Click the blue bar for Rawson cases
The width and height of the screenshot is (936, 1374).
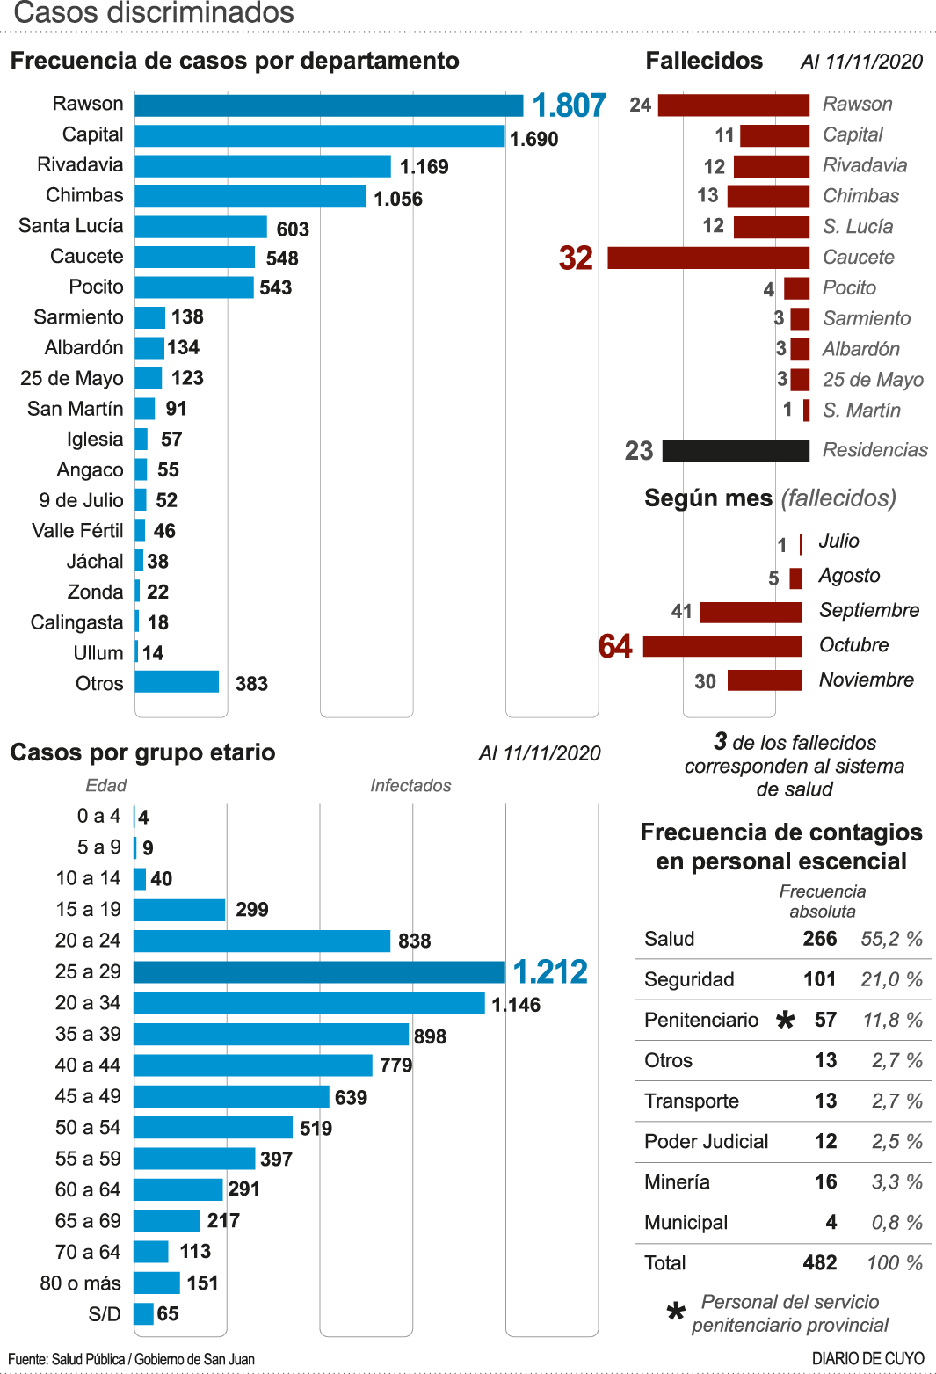coord(329,105)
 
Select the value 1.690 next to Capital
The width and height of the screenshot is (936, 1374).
coord(533,139)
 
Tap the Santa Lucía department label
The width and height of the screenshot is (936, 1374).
coord(71,226)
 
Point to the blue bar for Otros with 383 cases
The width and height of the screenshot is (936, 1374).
coord(177,682)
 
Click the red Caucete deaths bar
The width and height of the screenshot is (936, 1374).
coord(707,258)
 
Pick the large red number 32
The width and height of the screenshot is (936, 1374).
coord(576,258)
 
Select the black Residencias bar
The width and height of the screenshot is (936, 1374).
coord(736,451)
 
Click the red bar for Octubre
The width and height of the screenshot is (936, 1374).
coord(722,646)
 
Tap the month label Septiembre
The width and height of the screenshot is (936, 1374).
coord(868,610)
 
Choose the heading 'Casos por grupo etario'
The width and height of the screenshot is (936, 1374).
coord(142,752)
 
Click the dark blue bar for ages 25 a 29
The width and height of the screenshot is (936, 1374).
coord(319,972)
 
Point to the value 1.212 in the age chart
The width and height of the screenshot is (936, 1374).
coord(550,972)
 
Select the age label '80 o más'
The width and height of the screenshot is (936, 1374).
coord(80,1283)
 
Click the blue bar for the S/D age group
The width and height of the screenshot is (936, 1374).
coord(143,1314)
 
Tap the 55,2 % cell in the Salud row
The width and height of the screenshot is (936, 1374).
coord(891,939)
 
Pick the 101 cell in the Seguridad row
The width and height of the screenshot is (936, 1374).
coord(819,979)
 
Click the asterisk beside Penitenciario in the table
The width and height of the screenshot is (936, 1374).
coord(785,1021)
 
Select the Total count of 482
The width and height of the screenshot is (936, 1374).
coord(819,1263)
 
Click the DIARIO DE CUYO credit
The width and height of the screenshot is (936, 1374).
coord(867,1359)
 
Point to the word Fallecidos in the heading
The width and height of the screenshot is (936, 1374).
coord(704,61)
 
